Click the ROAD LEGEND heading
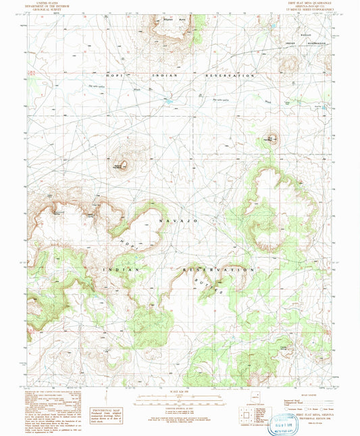[305, 393]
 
